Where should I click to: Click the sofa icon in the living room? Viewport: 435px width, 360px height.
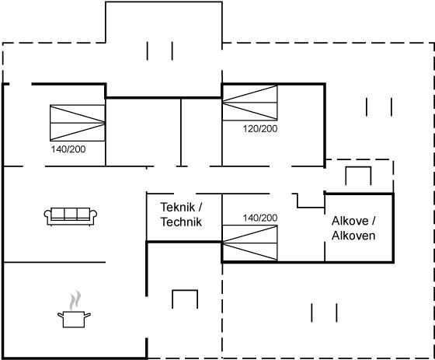[71, 216]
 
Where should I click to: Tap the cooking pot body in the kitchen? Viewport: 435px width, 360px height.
[74, 320]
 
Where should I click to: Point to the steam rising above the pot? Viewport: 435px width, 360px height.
[75, 300]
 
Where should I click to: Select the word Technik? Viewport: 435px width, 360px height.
[181, 222]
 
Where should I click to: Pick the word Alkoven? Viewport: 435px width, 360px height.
[353, 236]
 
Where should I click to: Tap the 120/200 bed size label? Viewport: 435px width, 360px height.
[260, 128]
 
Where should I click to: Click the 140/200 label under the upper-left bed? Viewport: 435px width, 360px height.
[68, 149]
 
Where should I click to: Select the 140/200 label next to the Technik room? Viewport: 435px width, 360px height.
[260, 218]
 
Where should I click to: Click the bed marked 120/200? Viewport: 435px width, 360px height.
[249, 103]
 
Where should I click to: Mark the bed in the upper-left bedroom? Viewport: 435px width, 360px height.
[78, 123]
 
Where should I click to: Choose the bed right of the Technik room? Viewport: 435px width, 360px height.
[249, 243]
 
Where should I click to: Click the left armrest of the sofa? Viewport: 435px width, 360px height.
[47, 217]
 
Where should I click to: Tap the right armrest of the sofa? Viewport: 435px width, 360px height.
[93, 217]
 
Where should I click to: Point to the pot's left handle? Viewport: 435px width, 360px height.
[61, 315]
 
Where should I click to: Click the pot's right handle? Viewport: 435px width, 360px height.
[87, 315]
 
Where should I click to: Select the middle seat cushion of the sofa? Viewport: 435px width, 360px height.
[71, 214]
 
